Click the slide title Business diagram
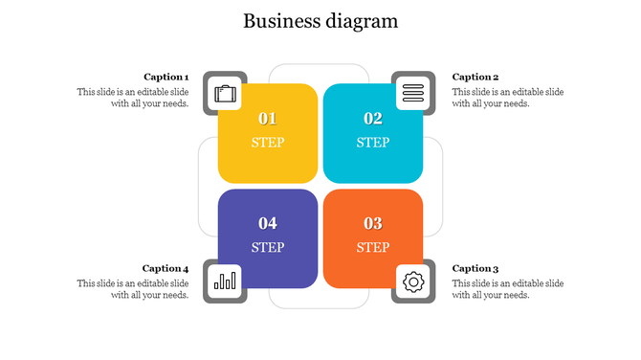320,21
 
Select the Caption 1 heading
166,77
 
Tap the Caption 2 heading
475,77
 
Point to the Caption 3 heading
475,268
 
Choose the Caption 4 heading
166,268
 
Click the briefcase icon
225,93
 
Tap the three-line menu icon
413,93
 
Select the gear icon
413,281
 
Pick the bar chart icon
225,281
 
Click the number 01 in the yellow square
268,119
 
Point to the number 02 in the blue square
373,119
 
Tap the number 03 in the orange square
373,223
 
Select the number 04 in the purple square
268,223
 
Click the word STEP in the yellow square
268,143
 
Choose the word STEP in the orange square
373,247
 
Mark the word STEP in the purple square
268,247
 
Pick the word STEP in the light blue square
373,143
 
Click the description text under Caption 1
133,98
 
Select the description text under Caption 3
508,289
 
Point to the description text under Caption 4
133,289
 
